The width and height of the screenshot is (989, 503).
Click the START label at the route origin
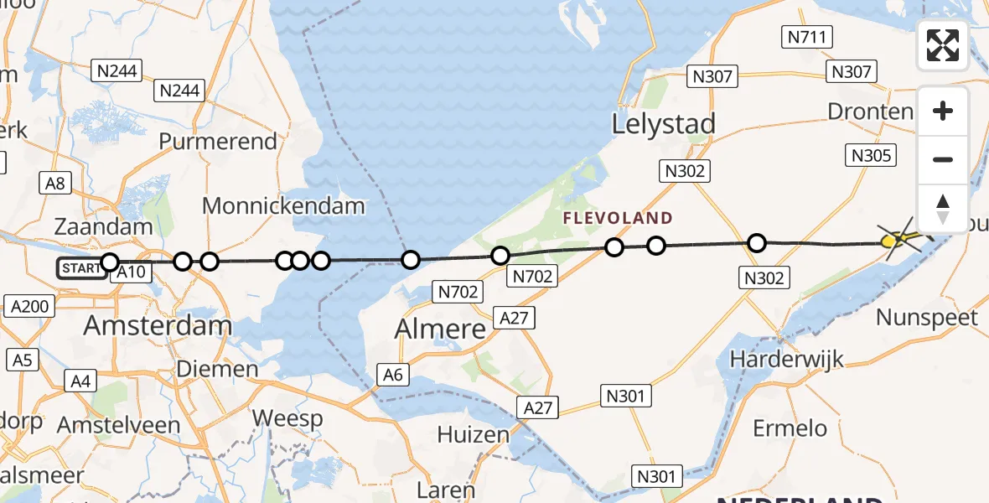[x=81, y=268]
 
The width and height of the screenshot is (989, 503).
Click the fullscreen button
[x=943, y=45]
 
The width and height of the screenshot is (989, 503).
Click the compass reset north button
[x=943, y=208]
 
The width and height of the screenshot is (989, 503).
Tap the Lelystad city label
[x=663, y=124]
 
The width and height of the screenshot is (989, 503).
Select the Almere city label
[x=441, y=329]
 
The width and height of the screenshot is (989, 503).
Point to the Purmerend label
[x=218, y=141]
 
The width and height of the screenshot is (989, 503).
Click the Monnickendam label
[x=283, y=206]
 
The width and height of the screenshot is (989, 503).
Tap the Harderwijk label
[x=786, y=359]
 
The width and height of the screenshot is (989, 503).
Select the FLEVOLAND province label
[x=618, y=218]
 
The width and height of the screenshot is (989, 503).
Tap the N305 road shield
[x=872, y=154]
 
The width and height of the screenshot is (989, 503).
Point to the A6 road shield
[x=393, y=375]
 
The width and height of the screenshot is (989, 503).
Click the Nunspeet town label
[x=927, y=317]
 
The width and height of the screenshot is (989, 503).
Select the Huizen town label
[x=473, y=435]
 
